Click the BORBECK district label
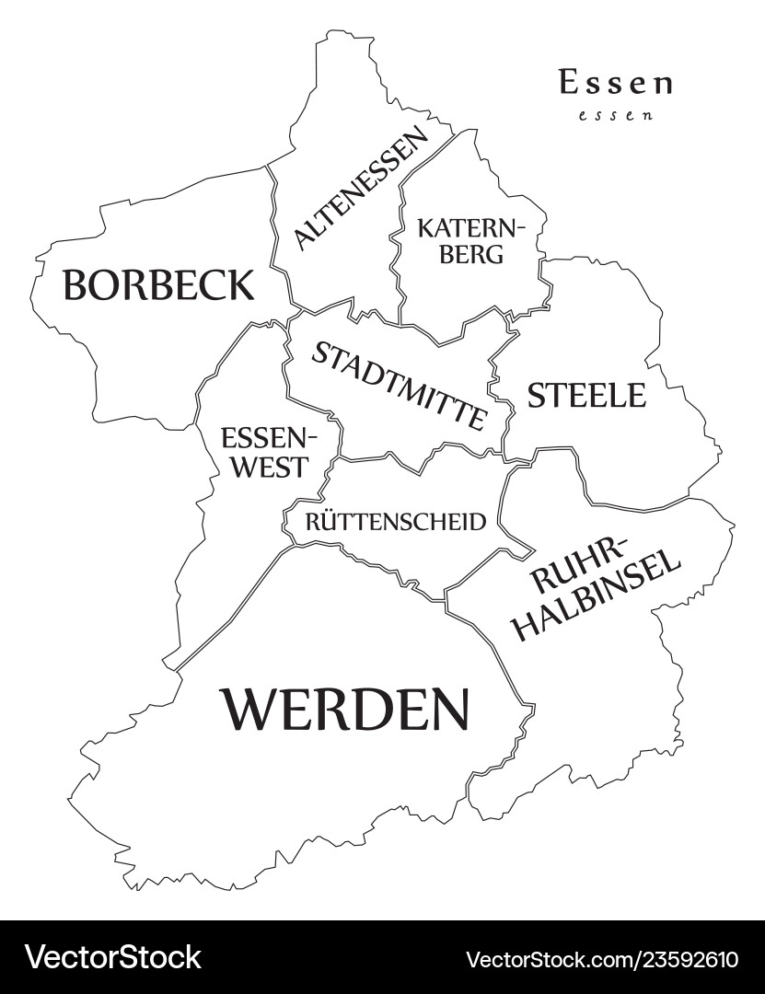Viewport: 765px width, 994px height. [x=157, y=285]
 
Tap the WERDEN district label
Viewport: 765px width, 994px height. [x=345, y=710]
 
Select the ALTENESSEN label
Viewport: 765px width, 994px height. [x=362, y=189]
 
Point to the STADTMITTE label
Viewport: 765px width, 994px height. [x=398, y=386]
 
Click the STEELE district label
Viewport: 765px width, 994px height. [x=586, y=396]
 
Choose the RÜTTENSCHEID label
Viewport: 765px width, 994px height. [x=395, y=523]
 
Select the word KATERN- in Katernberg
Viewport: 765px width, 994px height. [x=470, y=226]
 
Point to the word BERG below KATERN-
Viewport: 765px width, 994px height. [x=471, y=254]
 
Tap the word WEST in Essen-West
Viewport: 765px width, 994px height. [x=268, y=467]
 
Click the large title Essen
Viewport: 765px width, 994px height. [x=615, y=83]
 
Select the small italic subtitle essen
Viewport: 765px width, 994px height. [x=616, y=116]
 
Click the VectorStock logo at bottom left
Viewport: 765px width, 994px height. [x=112, y=957]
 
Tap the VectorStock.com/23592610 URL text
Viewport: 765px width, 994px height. [x=602, y=959]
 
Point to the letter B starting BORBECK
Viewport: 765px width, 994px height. [x=75, y=285]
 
